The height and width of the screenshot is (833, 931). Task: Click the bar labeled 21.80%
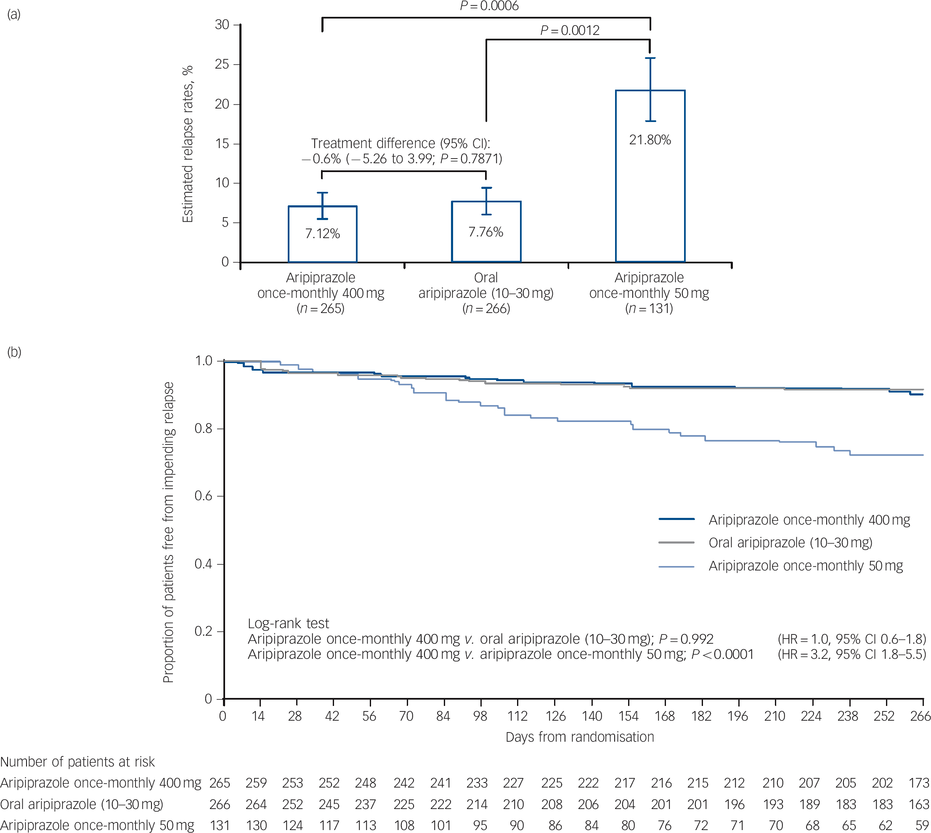point(650,176)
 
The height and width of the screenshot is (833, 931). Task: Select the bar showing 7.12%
point(322,234)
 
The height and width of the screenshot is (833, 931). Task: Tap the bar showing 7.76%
point(485,231)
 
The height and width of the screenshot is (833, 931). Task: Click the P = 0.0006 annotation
point(489,6)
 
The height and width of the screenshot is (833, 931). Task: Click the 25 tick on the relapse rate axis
point(222,64)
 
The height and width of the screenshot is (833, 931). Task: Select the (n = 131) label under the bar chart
point(649,308)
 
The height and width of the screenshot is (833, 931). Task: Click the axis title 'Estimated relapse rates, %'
point(188,144)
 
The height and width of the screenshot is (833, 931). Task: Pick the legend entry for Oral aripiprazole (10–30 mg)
point(790,542)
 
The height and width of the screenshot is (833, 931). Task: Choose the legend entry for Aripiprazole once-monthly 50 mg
point(806,566)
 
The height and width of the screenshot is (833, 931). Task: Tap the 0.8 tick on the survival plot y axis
point(203,429)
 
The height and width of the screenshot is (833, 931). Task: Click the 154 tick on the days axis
point(629,716)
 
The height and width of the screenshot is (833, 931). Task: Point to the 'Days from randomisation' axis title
point(579,737)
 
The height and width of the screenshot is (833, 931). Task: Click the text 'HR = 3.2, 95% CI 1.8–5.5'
point(852,654)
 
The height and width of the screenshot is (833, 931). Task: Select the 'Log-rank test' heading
point(288,623)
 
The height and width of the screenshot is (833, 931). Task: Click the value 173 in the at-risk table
point(919,783)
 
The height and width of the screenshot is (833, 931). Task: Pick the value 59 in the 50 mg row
point(921,825)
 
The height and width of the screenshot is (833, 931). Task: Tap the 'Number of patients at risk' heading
point(77,761)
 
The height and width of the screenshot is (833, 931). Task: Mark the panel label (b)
point(14,352)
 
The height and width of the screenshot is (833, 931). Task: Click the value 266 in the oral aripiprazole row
point(220,804)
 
